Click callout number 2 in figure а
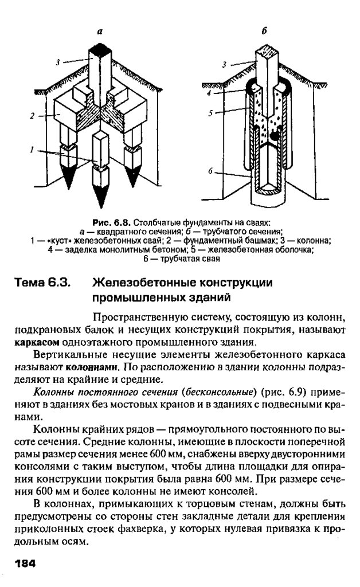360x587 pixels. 33,116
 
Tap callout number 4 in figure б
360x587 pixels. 210,92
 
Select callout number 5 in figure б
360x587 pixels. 210,114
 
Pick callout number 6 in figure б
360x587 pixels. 210,171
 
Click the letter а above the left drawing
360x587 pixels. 99,33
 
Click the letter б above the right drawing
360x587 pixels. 265,32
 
